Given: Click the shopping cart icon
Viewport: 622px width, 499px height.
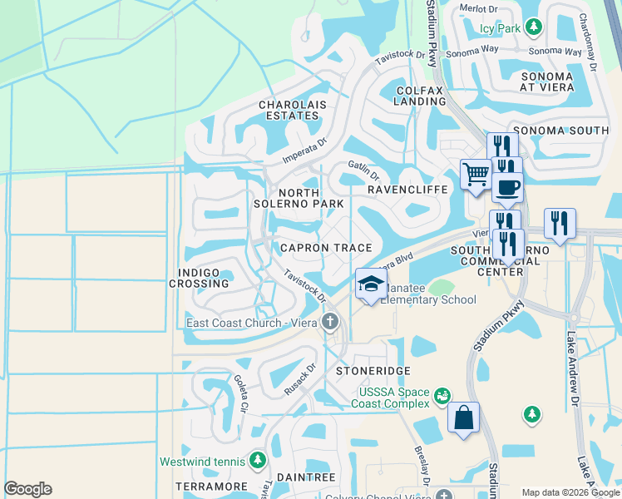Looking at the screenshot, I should (x=476, y=175).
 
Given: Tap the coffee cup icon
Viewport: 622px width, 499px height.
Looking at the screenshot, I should (x=507, y=186).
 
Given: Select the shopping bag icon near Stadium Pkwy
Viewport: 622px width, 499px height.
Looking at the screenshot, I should (x=463, y=417).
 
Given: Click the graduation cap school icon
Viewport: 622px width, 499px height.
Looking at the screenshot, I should (x=371, y=284).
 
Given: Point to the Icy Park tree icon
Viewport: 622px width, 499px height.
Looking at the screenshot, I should (x=534, y=27).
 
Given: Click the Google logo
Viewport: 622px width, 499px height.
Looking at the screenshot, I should (x=27, y=489).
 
